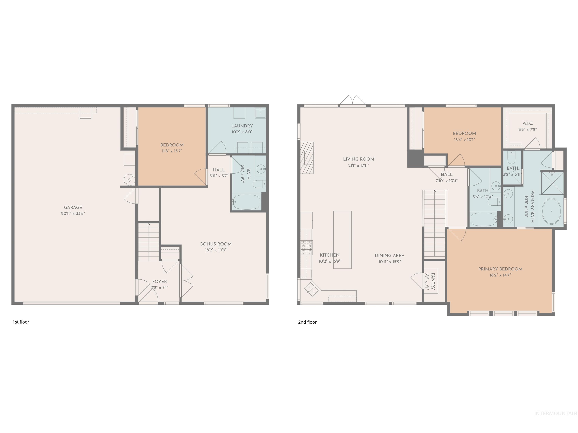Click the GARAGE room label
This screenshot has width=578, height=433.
click(73, 207)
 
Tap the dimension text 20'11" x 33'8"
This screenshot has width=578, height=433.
click(73, 213)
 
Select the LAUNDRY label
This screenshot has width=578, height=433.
click(242, 126)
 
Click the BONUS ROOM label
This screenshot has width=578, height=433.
click(216, 244)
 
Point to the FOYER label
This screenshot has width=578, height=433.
click(159, 281)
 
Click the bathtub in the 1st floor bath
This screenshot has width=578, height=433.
click(246, 202)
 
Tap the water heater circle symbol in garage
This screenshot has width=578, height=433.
click(129, 180)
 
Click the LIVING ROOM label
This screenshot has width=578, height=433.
click(358, 159)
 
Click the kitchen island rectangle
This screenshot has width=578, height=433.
click(342, 240)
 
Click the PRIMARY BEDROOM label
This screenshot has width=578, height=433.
click(500, 269)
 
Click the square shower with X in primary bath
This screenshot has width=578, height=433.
click(552, 183)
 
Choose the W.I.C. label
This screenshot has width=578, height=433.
click(528, 123)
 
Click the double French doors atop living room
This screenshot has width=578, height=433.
click(352, 101)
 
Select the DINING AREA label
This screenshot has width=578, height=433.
click(390, 256)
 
